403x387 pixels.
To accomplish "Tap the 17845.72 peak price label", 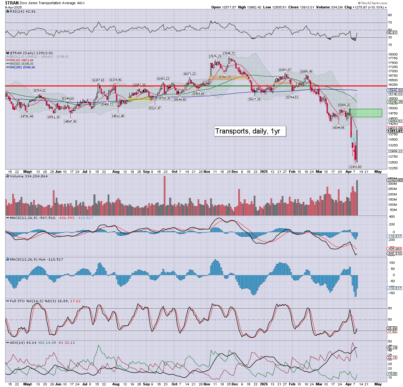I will tap(229, 54).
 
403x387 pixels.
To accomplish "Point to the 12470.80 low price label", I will tap(355, 167).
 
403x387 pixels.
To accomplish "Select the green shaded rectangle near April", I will tap(366, 113).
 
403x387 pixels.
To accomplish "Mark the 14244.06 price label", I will tap(338, 128).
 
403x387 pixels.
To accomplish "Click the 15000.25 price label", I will tap(344, 105).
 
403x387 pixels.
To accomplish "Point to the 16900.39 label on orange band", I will tap(224, 77).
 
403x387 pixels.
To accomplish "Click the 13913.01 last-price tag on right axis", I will tap(395, 131).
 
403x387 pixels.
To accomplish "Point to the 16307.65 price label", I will tap(98, 80).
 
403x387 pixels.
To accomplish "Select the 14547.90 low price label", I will tap(70, 122).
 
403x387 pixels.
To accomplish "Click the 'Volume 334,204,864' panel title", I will tap(29, 176).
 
